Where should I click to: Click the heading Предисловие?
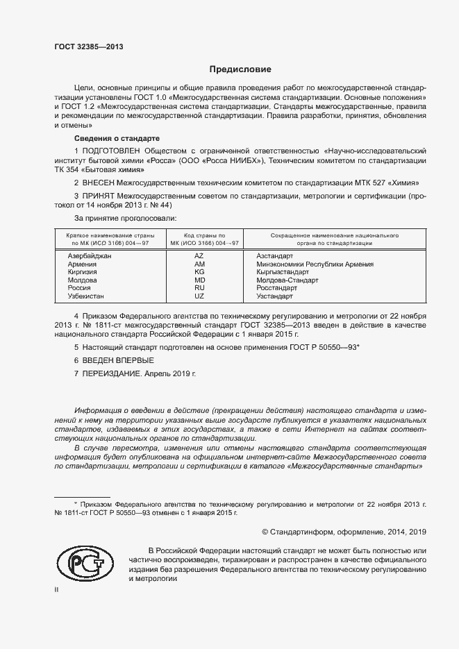click(240, 69)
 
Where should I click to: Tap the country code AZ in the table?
click(199, 256)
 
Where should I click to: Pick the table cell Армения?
click(83, 264)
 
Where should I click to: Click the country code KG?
click(199, 272)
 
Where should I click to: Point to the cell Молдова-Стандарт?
click(287, 280)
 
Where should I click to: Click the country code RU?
click(199, 288)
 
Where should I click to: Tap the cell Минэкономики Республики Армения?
click(315, 264)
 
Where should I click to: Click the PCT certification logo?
click(84, 562)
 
